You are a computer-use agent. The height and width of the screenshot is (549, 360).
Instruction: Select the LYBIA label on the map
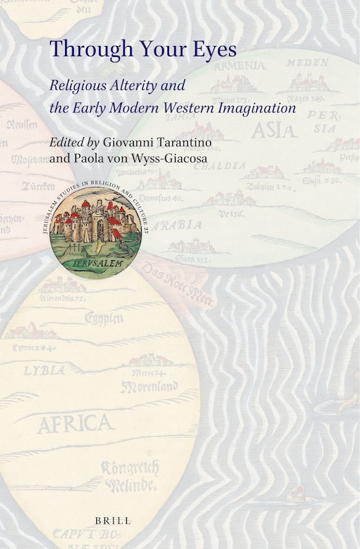(44, 370)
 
